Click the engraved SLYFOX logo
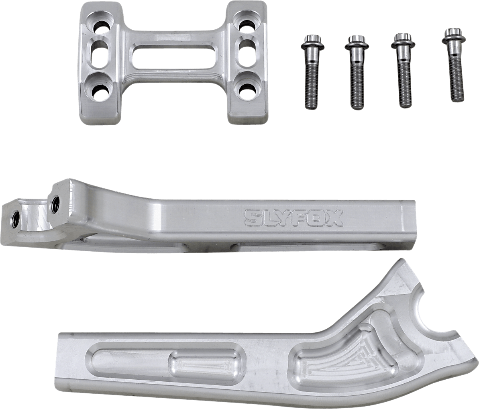tap(293, 218)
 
